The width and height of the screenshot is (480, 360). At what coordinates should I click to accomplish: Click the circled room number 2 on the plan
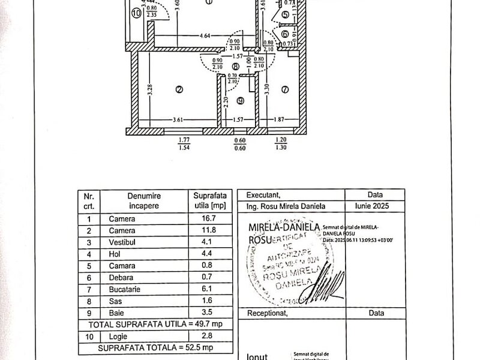178,91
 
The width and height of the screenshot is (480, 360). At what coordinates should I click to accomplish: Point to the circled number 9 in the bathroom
240,101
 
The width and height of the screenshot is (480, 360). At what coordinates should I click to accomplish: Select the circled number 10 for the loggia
136,11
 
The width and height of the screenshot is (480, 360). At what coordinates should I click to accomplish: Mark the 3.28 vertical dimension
151,91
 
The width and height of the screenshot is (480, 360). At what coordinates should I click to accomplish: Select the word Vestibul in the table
122,243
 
